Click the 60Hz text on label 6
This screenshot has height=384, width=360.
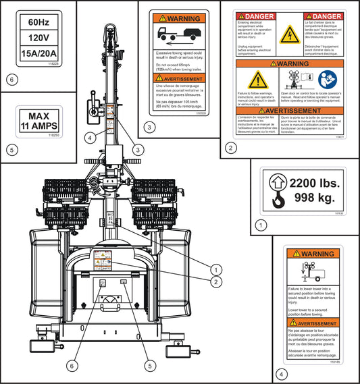click(38, 22)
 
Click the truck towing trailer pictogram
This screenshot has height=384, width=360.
click(179, 34)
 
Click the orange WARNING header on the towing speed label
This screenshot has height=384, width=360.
click(179, 18)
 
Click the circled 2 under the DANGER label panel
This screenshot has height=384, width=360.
click(232, 148)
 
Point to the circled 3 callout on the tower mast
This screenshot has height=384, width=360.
click(137, 149)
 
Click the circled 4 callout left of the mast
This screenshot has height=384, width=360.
click(91, 138)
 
